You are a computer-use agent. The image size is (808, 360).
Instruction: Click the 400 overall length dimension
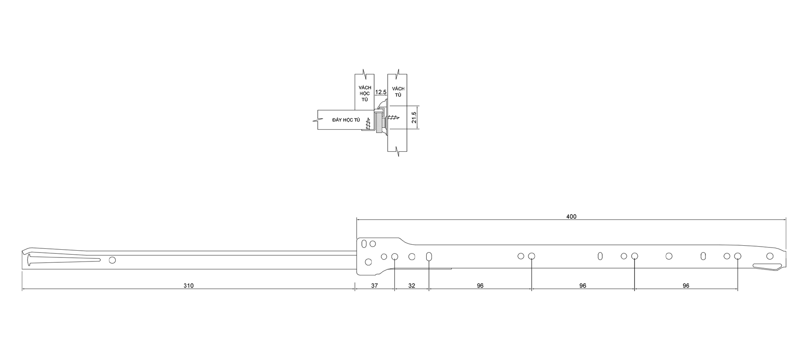571,216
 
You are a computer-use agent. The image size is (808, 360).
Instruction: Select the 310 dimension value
188,286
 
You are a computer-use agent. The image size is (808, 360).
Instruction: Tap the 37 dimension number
375,286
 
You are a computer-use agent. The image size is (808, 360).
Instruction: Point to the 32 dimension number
411,286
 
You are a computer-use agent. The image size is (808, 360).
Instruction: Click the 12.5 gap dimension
381,92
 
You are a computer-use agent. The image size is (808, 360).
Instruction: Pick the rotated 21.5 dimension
414,118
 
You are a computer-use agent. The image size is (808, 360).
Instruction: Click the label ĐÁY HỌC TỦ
346,120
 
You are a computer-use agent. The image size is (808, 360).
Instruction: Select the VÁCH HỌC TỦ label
365,93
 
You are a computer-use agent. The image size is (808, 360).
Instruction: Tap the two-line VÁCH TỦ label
398,92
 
